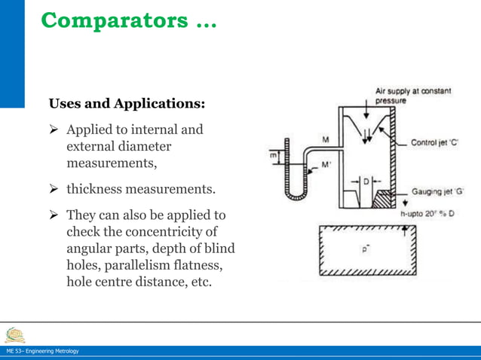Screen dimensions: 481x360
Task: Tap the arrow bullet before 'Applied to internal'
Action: pos(54,130)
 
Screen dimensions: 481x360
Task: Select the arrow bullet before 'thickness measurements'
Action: pos(54,188)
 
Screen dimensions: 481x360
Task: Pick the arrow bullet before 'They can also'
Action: pos(54,216)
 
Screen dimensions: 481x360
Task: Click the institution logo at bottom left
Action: pos(13,332)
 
